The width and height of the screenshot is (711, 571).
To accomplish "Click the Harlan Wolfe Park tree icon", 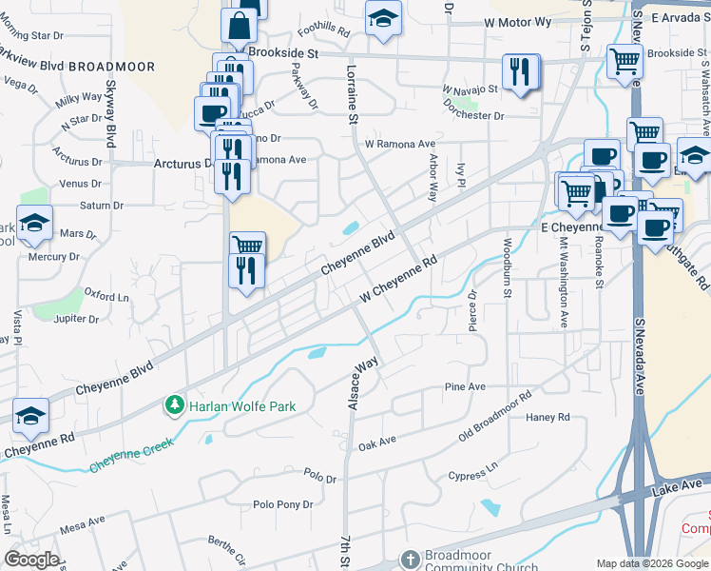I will (x=175, y=406).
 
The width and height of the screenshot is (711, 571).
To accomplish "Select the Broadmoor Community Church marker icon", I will (x=410, y=558).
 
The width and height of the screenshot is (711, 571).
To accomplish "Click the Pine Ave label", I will (x=465, y=387).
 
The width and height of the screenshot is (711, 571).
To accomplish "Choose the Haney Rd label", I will (x=548, y=417).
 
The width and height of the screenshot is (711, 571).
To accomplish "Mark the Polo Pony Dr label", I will (x=282, y=505).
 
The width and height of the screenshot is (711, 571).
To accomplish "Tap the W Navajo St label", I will (x=470, y=89).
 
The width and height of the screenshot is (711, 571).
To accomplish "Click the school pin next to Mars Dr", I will (x=34, y=223).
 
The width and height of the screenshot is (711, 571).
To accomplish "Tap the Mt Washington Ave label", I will (x=563, y=284).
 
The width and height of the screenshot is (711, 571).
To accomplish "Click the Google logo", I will (x=32, y=559).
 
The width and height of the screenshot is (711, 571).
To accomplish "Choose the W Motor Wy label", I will (x=517, y=21).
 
